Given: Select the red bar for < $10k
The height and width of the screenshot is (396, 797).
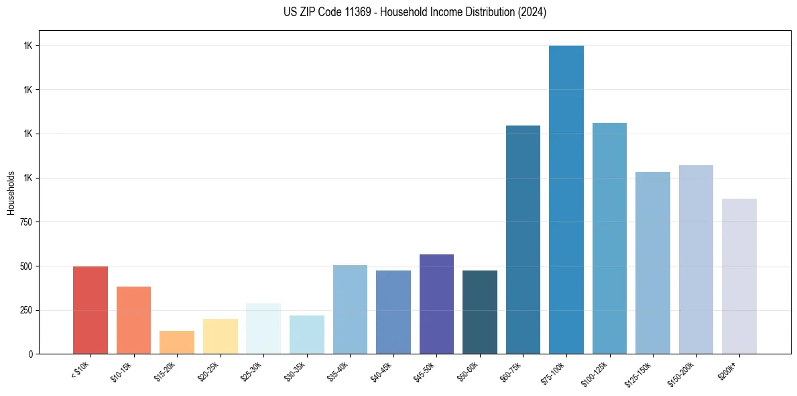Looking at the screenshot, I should pos(90,309).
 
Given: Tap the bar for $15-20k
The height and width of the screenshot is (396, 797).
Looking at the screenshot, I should pos(177,342).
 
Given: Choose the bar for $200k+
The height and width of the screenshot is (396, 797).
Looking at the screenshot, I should pos(739,276).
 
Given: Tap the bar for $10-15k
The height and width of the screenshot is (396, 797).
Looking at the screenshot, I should pos(133,319).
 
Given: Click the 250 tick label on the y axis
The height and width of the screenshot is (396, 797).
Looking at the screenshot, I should pos(27,310).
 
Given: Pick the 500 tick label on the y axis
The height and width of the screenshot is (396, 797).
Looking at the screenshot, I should pos(27,266).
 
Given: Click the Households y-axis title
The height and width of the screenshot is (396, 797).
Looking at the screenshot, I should pos(11,192).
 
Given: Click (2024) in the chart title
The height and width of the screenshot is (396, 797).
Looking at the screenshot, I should pos(532,12).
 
